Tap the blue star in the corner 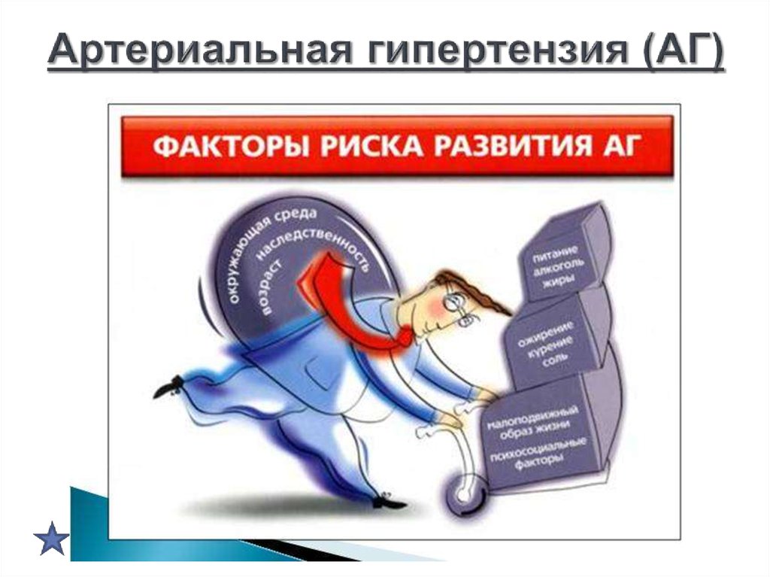51,537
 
